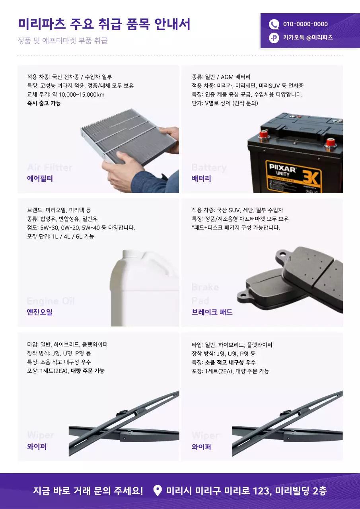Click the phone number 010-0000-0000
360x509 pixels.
pyautogui.click(x=305, y=24)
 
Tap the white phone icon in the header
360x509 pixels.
pyautogui.click(x=274, y=24)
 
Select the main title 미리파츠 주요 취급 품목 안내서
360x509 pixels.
pyautogui.click(x=104, y=24)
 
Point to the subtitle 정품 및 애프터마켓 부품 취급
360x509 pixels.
pyautogui.click(x=62, y=41)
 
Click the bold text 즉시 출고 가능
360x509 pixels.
pyautogui.click(x=44, y=103)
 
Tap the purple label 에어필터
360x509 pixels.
pyautogui.click(x=40, y=179)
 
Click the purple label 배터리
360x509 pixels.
pyautogui.click(x=201, y=179)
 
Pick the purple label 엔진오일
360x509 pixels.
pyautogui.click(x=40, y=312)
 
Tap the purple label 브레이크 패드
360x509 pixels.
pyautogui.click(x=212, y=312)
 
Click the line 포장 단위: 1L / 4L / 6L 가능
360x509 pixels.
pyautogui.click(x=60, y=237)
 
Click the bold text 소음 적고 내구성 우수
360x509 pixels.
pyautogui.click(x=230, y=362)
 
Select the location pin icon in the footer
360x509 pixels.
pyautogui.click(x=158, y=491)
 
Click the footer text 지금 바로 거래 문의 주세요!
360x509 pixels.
pyautogui.click(x=88, y=491)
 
